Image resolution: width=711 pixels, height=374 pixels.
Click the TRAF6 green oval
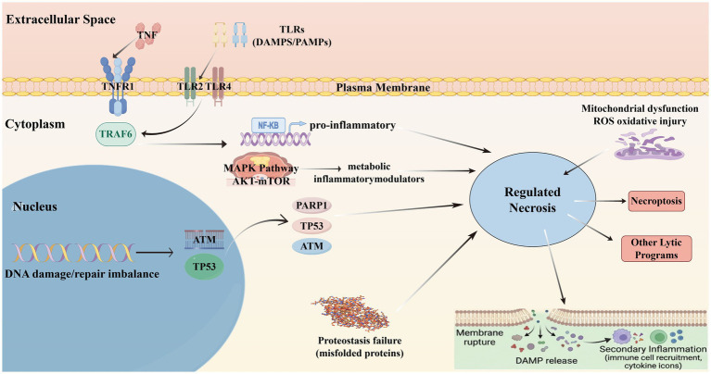(116, 134)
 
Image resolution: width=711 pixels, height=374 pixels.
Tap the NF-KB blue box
(269, 125)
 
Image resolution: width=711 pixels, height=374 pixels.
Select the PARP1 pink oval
(311, 206)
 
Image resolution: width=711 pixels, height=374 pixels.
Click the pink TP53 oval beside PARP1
(311, 226)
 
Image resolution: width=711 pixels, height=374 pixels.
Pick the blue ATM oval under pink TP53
(311, 246)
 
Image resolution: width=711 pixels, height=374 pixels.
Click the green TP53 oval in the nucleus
(204, 267)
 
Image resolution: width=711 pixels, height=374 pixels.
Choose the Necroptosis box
(656, 201)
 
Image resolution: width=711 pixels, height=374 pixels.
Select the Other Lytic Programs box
(656, 249)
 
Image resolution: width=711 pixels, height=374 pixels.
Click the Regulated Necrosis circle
(532, 200)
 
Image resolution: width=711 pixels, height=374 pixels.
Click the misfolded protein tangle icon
(348, 312)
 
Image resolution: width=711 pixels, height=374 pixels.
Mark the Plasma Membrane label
(383, 87)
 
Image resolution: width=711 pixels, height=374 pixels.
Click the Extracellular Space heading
(60, 19)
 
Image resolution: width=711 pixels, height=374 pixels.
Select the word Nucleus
(35, 206)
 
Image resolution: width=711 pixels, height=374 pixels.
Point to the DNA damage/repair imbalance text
(82, 273)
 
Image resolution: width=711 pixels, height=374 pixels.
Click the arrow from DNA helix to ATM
(155, 253)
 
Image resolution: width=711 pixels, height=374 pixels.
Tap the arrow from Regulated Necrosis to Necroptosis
(599, 201)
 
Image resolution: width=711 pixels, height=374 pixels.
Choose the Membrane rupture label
(479, 337)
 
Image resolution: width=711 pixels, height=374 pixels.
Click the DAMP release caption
(546, 361)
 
